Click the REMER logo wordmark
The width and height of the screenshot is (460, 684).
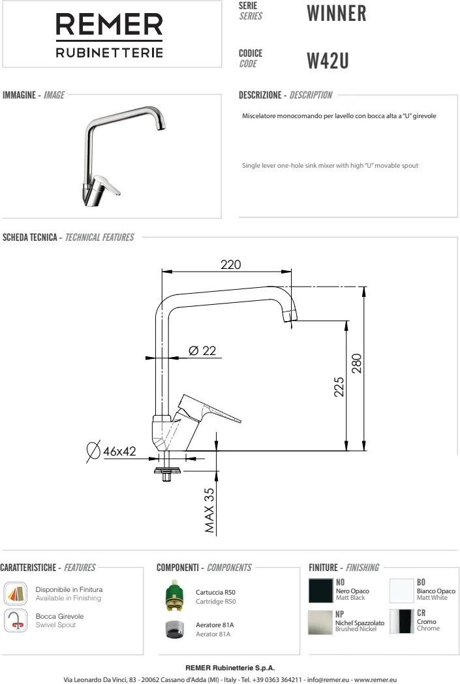(x=109, y=24)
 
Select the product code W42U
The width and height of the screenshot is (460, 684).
(x=328, y=61)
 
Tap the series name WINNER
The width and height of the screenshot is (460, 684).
(x=337, y=13)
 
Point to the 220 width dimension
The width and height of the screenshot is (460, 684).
(x=231, y=264)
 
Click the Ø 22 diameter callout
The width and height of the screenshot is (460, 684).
(x=202, y=350)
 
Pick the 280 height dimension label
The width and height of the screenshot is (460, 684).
(x=357, y=364)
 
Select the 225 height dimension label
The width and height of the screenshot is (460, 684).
(x=339, y=387)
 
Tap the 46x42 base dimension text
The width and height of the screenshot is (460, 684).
(x=119, y=451)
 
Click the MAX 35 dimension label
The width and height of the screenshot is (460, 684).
(x=209, y=510)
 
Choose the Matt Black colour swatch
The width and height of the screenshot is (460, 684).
(x=320, y=591)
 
